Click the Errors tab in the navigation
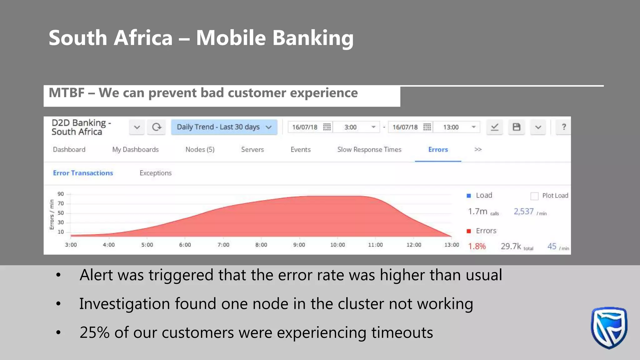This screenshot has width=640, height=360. [438, 150]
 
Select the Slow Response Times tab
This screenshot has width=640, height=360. [369, 150]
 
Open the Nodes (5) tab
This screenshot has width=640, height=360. [200, 150]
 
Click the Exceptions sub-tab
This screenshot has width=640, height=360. [155, 173]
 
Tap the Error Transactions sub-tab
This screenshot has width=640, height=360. [83, 173]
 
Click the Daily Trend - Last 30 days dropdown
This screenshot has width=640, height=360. [224, 127]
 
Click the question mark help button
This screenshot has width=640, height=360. [564, 127]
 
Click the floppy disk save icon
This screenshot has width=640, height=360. [516, 127]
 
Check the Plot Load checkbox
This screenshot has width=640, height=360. [534, 196]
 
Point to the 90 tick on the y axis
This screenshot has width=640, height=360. [61, 194]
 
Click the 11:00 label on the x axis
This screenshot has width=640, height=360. [375, 245]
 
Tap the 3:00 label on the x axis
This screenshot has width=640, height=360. [71, 245]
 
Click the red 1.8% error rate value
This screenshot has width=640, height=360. [477, 247]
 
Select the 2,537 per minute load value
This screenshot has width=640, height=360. [524, 212]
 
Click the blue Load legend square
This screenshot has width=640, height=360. [469, 196]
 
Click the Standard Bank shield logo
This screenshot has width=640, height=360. [609, 328]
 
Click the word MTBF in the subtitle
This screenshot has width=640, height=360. [67, 93]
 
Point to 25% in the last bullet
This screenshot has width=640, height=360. [94, 332]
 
